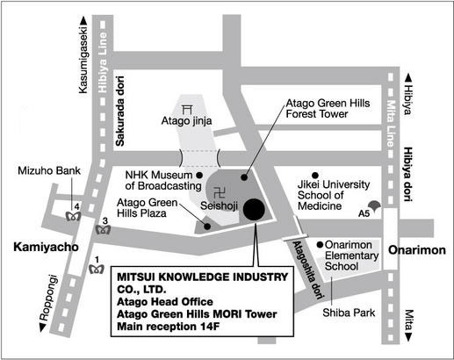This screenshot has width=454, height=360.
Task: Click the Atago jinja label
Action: pyautogui.click(x=186, y=120)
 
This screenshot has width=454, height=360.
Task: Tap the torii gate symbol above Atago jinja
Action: pyautogui.click(x=187, y=110)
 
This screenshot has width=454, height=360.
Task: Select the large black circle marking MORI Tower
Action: pyautogui.click(x=254, y=209)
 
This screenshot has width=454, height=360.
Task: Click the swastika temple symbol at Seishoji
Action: pyautogui.click(x=220, y=193)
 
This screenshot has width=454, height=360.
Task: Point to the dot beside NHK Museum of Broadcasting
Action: pyautogui.click(x=199, y=176)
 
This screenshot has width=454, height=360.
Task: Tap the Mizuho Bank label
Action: pyautogui.click(x=49, y=170)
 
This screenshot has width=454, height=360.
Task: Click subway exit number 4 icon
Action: pyautogui.click(x=73, y=216)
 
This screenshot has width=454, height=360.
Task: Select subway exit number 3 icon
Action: pyautogui.click(x=103, y=230)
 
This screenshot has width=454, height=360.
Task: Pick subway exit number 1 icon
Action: pyautogui.click(x=97, y=269)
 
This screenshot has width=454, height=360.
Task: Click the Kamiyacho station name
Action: pyautogui.click(x=46, y=248)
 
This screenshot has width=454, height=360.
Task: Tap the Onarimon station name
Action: pyautogui.click(x=417, y=250)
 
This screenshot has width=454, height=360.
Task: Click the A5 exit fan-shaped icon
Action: pyautogui.click(x=374, y=205)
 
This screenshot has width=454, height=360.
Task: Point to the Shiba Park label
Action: pyautogui.click(x=349, y=313)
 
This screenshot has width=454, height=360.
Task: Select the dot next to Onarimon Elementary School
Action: pyautogui.click(x=320, y=244)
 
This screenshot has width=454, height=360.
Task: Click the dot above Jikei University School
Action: pyautogui.click(x=315, y=176)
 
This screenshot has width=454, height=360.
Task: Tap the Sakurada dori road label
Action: pyautogui.click(x=120, y=112)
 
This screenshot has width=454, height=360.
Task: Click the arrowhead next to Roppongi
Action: pyautogui.click(x=43, y=328)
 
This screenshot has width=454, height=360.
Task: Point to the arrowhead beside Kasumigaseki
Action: pyautogui.click(x=83, y=20)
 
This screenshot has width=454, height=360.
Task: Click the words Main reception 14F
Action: pyautogui.click(x=169, y=327)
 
